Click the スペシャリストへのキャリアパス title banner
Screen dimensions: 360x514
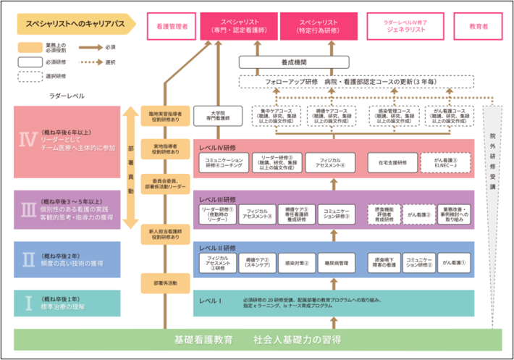click(x=75, y=24)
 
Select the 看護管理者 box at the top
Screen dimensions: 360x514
click(x=172, y=25)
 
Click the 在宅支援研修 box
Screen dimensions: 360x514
click(x=392, y=162)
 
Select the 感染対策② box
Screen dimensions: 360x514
click(x=296, y=262)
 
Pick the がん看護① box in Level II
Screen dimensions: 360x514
click(x=454, y=262)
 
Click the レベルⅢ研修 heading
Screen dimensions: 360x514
click(x=218, y=198)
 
